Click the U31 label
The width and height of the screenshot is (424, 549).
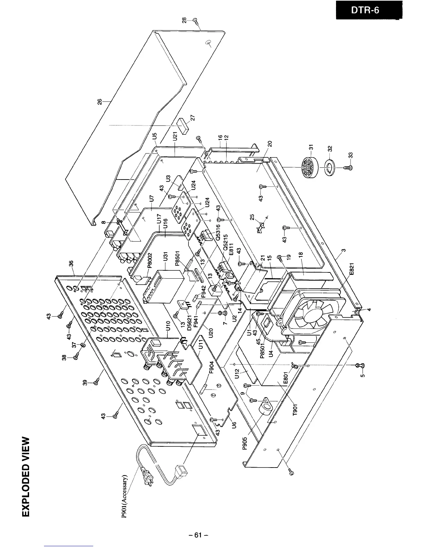[165, 261]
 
